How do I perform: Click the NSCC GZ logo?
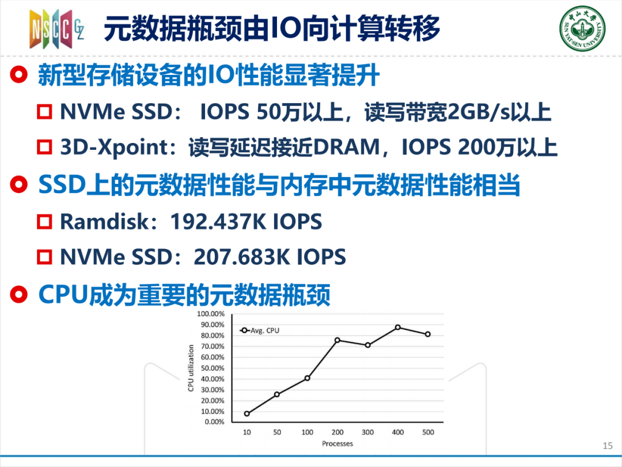[x=56, y=29]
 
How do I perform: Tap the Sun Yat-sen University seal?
[x=582, y=28]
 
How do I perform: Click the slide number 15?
[x=608, y=446]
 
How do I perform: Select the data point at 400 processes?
[x=397, y=327]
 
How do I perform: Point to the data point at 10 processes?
[x=246, y=413]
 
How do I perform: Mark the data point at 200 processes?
[x=337, y=340]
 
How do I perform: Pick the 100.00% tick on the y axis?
[x=211, y=314]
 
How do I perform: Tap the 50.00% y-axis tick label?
[x=212, y=368]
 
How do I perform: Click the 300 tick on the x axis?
[x=367, y=432]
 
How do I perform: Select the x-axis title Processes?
[x=337, y=443]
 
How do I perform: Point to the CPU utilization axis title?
[x=191, y=368]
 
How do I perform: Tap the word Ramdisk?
[x=104, y=221]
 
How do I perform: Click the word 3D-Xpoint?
[x=115, y=148]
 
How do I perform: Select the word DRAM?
[x=347, y=148]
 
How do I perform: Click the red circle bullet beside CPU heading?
[x=18, y=295]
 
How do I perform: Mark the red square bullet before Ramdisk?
[x=44, y=221]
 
